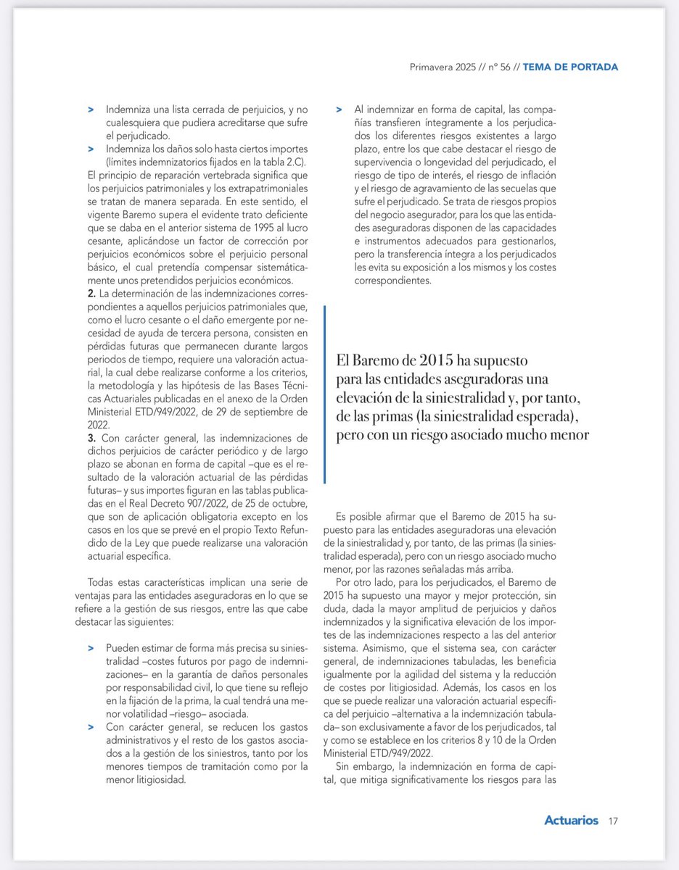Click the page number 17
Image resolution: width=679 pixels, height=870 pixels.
coord(613,821)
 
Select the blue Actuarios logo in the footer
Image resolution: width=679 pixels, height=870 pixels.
coord(571,821)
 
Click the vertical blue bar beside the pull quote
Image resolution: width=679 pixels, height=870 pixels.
coord(325,394)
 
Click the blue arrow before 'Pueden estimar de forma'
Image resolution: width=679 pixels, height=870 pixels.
coord(91,646)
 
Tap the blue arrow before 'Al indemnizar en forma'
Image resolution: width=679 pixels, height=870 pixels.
coord(339,109)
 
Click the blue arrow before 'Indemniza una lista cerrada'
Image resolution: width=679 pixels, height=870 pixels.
coord(91,109)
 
